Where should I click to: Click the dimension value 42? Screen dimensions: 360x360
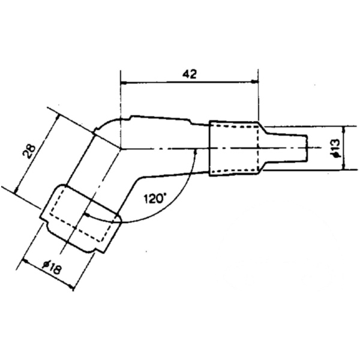(x=189, y=74)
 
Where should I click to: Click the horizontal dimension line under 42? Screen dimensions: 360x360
(x=189, y=84)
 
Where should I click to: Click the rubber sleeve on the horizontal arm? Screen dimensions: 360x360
(x=234, y=149)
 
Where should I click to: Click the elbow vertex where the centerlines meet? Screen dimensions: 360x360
(x=121, y=148)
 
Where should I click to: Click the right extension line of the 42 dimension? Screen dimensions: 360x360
(x=258, y=96)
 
